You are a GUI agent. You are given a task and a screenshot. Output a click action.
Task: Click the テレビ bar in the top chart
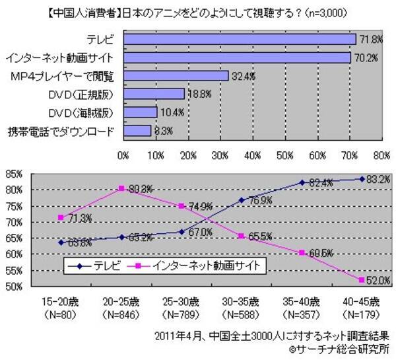[x=240, y=40]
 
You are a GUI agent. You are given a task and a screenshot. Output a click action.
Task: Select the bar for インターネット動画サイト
[x=237, y=58]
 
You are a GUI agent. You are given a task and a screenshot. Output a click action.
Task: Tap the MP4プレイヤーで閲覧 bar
[x=176, y=76]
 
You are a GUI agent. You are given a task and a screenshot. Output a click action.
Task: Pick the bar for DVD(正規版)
[x=153, y=94]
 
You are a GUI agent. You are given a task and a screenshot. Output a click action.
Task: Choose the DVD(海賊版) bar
[x=140, y=112]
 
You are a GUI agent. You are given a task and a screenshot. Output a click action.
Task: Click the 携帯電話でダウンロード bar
[x=137, y=131]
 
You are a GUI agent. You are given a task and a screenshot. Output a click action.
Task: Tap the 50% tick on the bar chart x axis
[x=285, y=157]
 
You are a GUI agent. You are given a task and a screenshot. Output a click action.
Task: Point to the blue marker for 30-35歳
[x=242, y=199]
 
